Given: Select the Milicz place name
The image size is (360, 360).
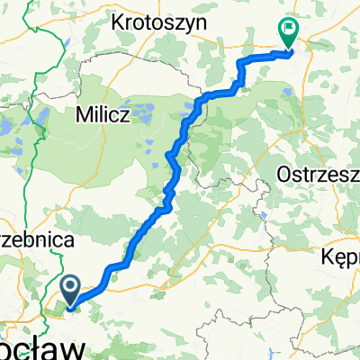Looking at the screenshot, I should click(104, 115).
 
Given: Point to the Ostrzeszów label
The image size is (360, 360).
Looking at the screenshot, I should click(319, 172).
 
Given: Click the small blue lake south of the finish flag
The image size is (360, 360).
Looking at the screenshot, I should click(287, 91).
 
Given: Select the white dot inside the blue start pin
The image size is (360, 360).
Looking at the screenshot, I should click(71, 286).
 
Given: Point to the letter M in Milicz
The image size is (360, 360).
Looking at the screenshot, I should click(82, 115).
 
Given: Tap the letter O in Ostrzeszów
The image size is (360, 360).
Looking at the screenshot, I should click(286, 172).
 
